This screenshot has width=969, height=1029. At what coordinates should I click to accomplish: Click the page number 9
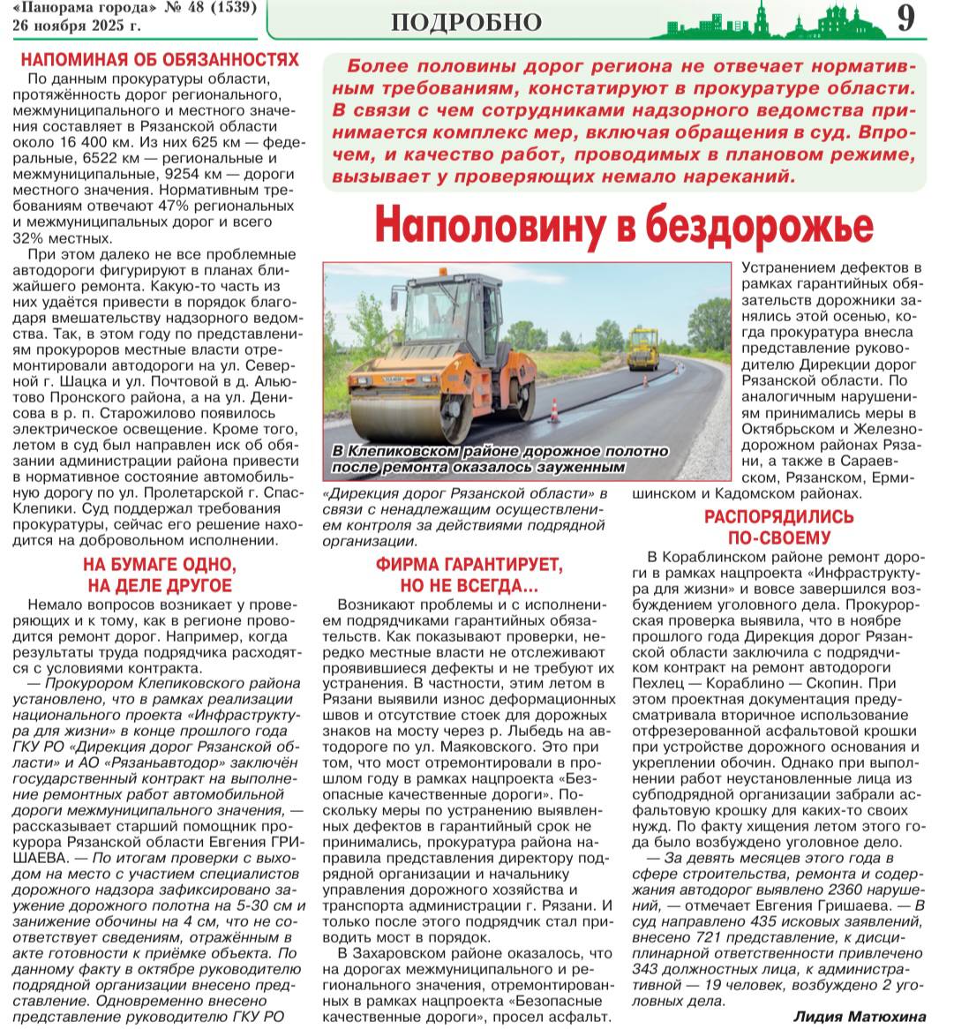905,19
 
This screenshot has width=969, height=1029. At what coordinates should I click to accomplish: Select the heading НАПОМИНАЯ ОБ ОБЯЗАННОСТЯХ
160,60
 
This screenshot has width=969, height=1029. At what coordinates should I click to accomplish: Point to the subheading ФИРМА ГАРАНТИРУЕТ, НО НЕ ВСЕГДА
469,575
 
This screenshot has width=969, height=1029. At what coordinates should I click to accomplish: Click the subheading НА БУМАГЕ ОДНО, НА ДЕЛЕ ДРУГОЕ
160,575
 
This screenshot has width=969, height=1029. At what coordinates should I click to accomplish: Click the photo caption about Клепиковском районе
500,458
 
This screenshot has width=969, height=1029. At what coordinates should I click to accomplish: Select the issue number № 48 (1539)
210,9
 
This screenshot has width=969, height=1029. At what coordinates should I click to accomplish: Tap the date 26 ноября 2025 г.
76,25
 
